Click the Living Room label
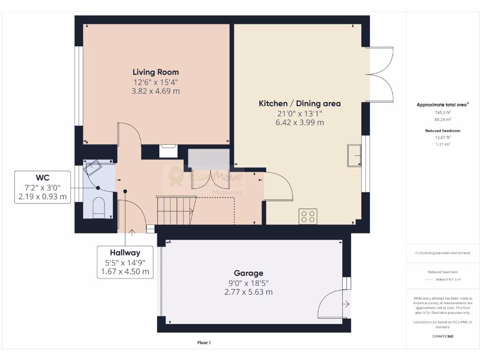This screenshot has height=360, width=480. tap(156, 72)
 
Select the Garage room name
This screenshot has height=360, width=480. tap(248, 273)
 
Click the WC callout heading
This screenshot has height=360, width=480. tap(43, 178)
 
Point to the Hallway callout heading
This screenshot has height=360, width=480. tap(125, 252)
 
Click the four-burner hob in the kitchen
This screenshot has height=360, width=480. tap(308, 216)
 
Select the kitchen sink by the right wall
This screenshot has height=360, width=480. tap(354, 156)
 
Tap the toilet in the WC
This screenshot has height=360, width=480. tap(98, 208)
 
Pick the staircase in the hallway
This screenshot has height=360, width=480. tap(175, 210)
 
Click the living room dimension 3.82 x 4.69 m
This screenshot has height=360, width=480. tap(156, 91)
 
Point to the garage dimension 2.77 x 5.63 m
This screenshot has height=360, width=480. tap(248, 292)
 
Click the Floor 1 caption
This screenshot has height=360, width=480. tap(204, 343)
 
